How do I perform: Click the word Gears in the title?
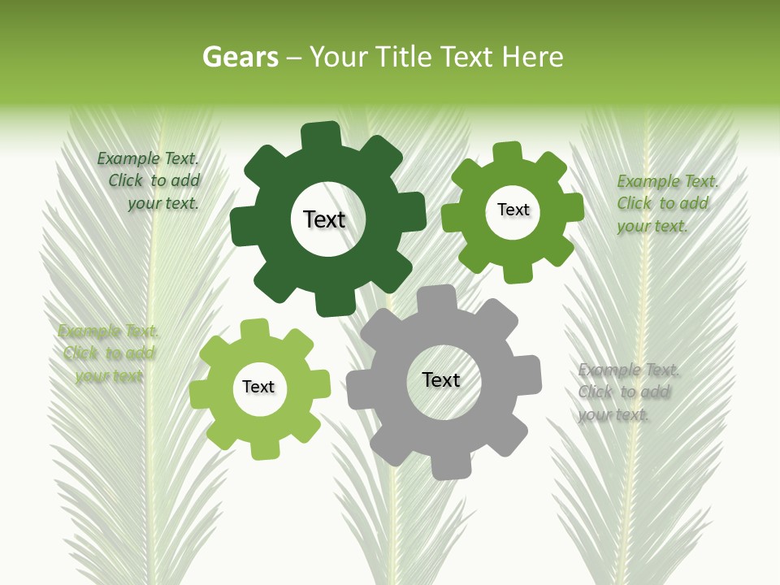(x=240, y=57)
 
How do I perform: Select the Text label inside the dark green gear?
(x=324, y=219)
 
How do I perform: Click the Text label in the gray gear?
(x=441, y=380)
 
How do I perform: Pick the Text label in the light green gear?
(x=258, y=388)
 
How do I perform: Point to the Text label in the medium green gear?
(x=513, y=210)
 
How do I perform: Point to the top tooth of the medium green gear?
(x=507, y=154)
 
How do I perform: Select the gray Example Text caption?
(x=626, y=392)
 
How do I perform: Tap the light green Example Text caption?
(x=108, y=353)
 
